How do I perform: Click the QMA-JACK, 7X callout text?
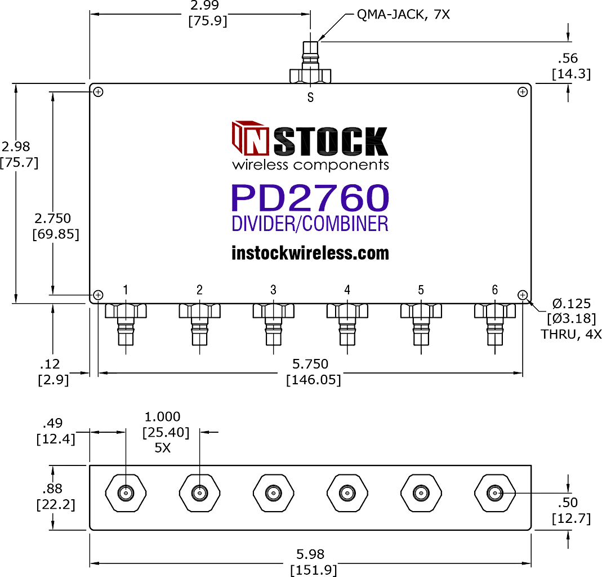pos(403,15)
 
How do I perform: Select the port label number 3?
pos(273,290)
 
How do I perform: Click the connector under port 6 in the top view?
pos(495,325)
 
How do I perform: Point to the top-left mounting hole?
pos(99,92)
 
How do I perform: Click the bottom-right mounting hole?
pos(523,295)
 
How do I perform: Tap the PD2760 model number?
pos(310,198)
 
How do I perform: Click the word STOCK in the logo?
pos(331,141)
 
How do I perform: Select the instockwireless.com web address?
pos(310,253)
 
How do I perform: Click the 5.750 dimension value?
pos(310,364)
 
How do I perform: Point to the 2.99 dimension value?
pos(204,6)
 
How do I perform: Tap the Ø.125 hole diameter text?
pos(571,304)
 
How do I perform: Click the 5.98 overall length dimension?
pos(310,554)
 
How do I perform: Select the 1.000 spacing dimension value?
pos(162,416)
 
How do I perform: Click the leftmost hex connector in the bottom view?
pos(126,493)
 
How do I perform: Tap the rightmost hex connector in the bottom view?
pos(495,493)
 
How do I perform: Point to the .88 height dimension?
pos(52,489)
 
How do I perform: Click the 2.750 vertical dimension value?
pos(52,218)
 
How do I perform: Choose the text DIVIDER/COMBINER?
pos(310,224)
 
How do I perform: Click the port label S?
pos(311,98)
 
